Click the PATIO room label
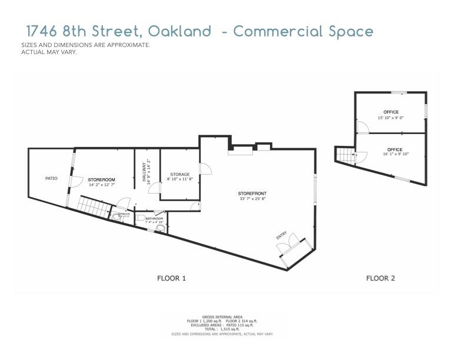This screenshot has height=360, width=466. tap(52, 178)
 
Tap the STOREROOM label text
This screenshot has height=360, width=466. tap(101, 179)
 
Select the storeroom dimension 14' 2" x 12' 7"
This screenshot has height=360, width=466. tap(101, 185)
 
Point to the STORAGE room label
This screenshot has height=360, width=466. tap(179, 174)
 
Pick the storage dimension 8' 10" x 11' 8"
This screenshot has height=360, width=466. tap(179, 180)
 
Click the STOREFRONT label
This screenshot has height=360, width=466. tap(252, 194)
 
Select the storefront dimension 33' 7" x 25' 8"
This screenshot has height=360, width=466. tap(252, 199)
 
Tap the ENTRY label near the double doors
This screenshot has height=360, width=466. tap(281, 236)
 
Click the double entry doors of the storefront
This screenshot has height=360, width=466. tap(292, 245)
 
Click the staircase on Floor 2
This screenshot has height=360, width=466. tap(343, 155)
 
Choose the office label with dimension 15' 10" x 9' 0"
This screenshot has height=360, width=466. tap(391, 112)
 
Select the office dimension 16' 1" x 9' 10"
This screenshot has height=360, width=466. tap(395, 155)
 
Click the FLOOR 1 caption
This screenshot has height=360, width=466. tap(171, 278)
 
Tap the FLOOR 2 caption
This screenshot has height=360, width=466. tap(381, 278)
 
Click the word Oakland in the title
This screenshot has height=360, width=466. tap(179, 31)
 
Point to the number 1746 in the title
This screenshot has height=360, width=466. tap(44, 31)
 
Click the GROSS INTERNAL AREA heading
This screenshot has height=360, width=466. tap(222, 316)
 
